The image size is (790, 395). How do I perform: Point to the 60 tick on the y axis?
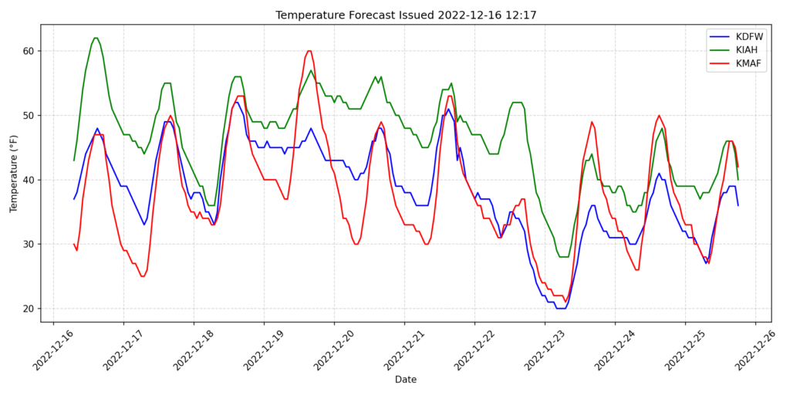point(28,51)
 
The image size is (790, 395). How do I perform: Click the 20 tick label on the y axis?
point(28,309)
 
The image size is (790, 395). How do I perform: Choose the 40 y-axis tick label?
point(28,180)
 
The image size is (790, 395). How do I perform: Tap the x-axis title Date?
point(406,380)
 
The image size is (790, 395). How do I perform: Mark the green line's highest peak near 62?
point(96,38)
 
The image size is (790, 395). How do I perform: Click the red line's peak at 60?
point(309,51)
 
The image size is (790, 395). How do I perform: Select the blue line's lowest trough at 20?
point(561,309)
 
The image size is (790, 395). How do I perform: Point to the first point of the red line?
point(74,244)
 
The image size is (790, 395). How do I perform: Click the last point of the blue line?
point(738,205)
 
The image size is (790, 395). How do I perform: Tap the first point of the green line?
point(74,160)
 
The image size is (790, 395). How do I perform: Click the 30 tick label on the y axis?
point(28,244)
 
